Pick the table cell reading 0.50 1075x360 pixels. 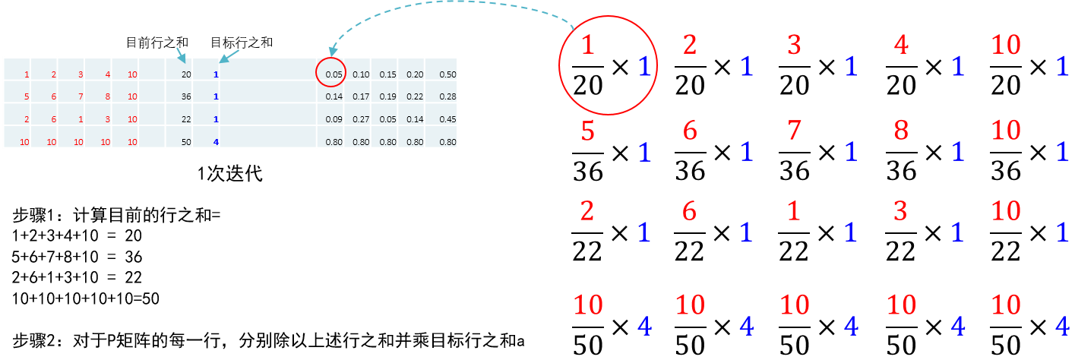(447, 74)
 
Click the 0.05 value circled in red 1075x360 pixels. (334, 74)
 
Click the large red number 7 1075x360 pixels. (794, 131)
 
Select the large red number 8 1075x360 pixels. (900, 131)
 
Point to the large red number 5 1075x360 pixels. (587, 131)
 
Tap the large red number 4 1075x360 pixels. (900, 46)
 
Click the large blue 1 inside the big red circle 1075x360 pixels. (644, 67)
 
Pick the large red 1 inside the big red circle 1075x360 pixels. (587, 46)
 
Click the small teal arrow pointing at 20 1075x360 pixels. (180, 55)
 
